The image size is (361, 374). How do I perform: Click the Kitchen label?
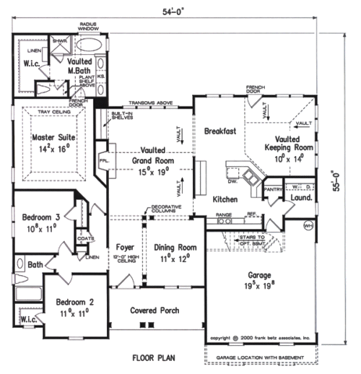[x=227, y=198]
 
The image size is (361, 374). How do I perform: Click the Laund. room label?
[x=301, y=196]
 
